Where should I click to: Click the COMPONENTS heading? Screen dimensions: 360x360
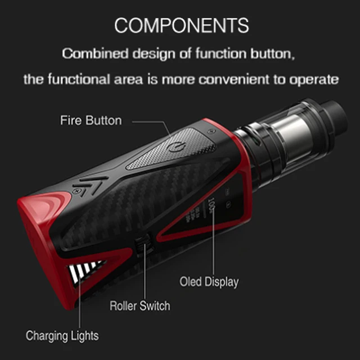(181, 25)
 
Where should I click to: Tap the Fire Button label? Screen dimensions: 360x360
(91, 120)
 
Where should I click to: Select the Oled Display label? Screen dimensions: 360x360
(209, 281)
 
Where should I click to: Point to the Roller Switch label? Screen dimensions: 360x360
(139, 306)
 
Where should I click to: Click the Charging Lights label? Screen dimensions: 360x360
(62, 336)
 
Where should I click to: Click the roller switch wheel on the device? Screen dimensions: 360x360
(142, 246)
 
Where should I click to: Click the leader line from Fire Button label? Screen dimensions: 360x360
(149, 120)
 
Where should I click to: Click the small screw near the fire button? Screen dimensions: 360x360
(211, 130)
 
